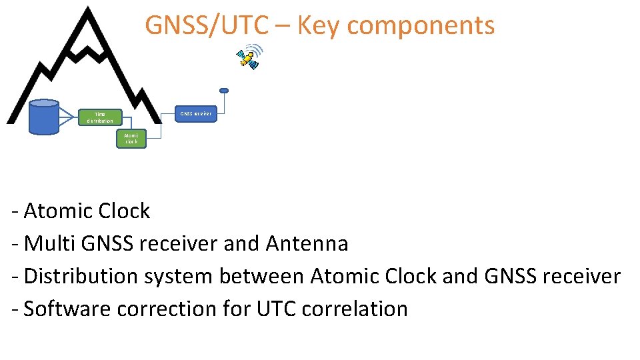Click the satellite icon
tap(249, 57)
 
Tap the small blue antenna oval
tap(224, 91)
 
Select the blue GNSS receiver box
tap(195, 113)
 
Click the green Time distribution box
tap(100, 117)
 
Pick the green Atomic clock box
tap(131, 139)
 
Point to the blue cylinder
tap(45, 117)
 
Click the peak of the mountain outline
tap(87, 9)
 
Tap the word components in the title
tap(421, 26)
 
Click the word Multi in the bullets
tap(51, 244)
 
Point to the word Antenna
tap(307, 244)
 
